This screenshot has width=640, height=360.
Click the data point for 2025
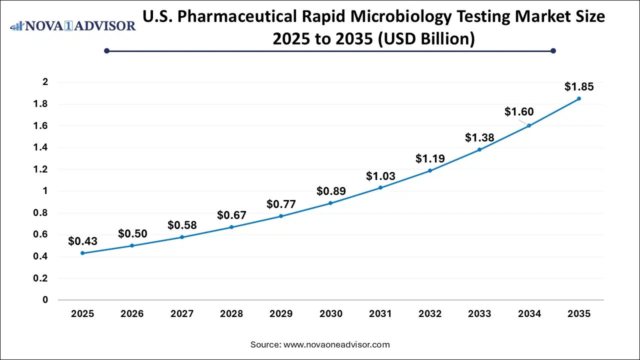(x=82, y=253)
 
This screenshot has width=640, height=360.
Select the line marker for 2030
(x=330, y=203)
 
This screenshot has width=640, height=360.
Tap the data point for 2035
(x=579, y=98)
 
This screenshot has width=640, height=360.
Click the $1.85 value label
(x=579, y=87)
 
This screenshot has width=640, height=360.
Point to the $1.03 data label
(x=380, y=176)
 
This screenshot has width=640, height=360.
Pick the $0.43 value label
(x=82, y=241)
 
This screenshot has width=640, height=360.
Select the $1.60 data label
(x=519, y=112)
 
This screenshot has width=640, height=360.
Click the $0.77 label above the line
(x=281, y=204)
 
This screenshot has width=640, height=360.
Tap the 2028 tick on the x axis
(x=231, y=314)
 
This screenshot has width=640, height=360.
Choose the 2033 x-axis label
(x=479, y=314)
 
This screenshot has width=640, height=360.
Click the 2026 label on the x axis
(x=132, y=314)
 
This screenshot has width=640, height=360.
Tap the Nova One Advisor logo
(x=73, y=25)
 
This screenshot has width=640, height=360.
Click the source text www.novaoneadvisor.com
(x=336, y=344)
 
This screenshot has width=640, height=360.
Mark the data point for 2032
(x=430, y=170)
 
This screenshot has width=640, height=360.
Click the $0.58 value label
(x=182, y=225)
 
